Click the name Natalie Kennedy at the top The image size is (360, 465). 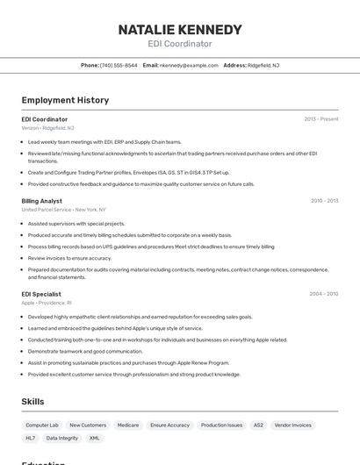[x=180, y=30]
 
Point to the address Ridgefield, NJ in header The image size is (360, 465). [x=263, y=65]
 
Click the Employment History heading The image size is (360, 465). [x=65, y=100]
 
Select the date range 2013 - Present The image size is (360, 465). [x=320, y=119]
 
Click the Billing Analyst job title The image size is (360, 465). [x=42, y=201]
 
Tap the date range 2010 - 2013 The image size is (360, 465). [x=324, y=201]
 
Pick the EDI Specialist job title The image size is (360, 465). [x=41, y=294]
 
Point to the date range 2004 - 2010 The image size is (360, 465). [x=324, y=294]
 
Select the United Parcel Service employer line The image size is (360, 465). [x=63, y=210]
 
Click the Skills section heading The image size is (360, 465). [x=33, y=402]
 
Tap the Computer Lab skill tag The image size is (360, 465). [x=42, y=425]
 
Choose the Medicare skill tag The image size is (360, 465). [x=128, y=425]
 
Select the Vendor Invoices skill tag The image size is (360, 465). [x=293, y=425]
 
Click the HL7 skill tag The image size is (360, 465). [x=31, y=438]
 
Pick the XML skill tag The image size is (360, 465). [x=94, y=438]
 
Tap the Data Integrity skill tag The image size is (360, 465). [x=62, y=438]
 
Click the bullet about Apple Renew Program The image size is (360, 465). [x=128, y=362]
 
